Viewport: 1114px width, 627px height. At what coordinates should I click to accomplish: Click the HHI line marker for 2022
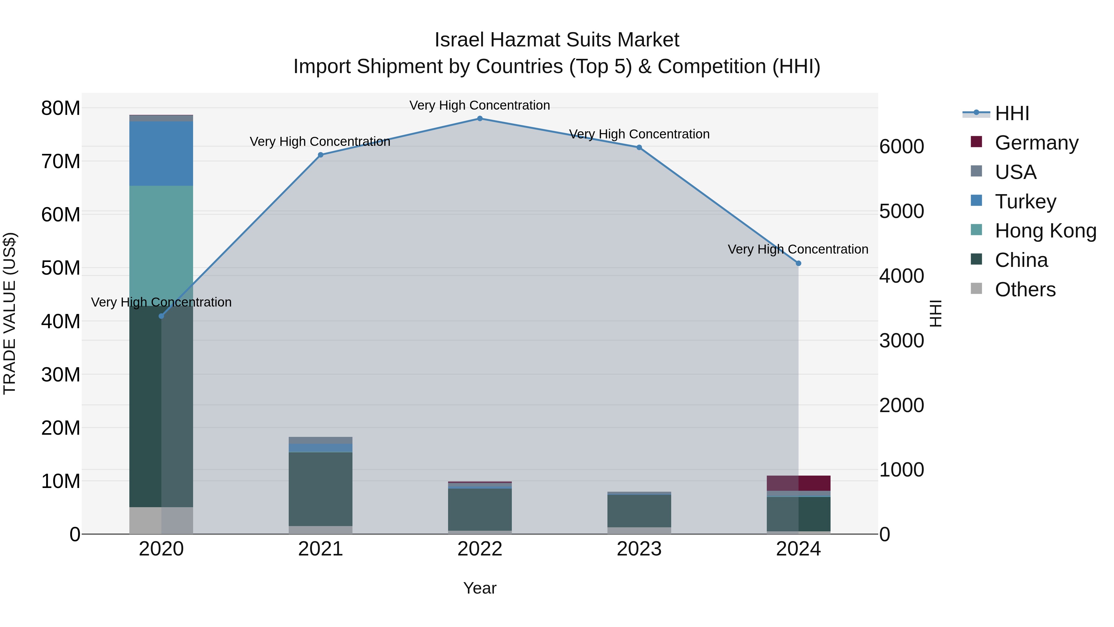click(x=480, y=119)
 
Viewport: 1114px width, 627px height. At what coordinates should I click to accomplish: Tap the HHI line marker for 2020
click(x=161, y=316)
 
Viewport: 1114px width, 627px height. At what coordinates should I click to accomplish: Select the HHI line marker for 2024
click(x=798, y=263)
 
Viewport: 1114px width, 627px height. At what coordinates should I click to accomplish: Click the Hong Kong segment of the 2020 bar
click(x=161, y=246)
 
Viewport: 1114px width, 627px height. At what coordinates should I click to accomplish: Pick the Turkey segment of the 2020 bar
click(x=161, y=154)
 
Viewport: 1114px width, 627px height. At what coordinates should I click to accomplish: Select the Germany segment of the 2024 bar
click(x=798, y=483)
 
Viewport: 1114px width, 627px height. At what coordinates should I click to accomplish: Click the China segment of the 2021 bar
click(x=321, y=489)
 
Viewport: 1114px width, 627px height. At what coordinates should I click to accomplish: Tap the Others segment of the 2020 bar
click(x=161, y=520)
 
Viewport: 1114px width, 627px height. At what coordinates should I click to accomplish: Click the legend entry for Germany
click(x=1036, y=143)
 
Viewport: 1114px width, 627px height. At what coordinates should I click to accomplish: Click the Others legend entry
click(x=1025, y=290)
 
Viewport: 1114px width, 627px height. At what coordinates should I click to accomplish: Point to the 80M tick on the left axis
click(x=61, y=108)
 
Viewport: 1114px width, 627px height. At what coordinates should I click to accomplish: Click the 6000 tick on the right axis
click(x=902, y=147)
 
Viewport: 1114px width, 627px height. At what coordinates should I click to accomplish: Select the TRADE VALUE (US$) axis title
click(x=10, y=313)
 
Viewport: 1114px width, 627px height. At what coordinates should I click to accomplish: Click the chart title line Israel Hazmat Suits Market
click(x=557, y=40)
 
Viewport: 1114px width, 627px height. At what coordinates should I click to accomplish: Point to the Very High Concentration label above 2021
click(x=320, y=142)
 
